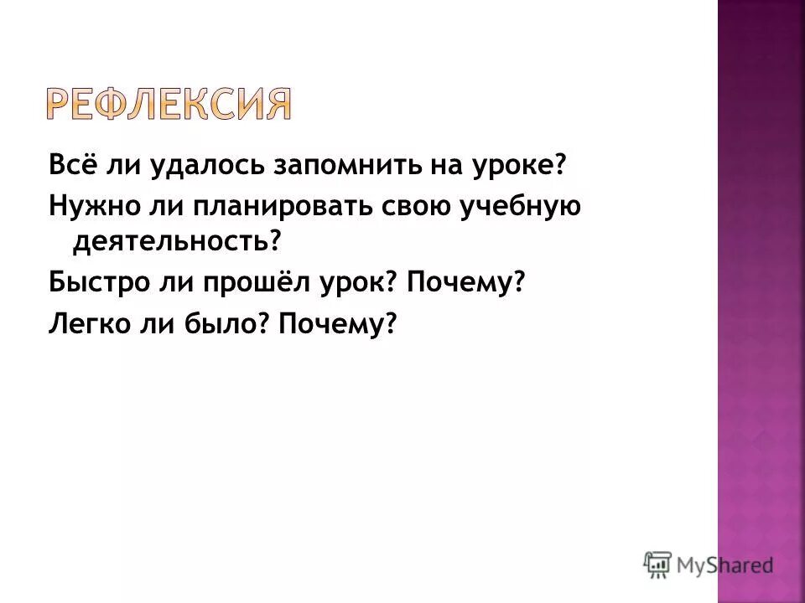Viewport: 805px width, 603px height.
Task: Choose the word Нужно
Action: (x=85, y=205)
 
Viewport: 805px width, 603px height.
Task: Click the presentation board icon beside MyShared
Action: (x=657, y=564)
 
